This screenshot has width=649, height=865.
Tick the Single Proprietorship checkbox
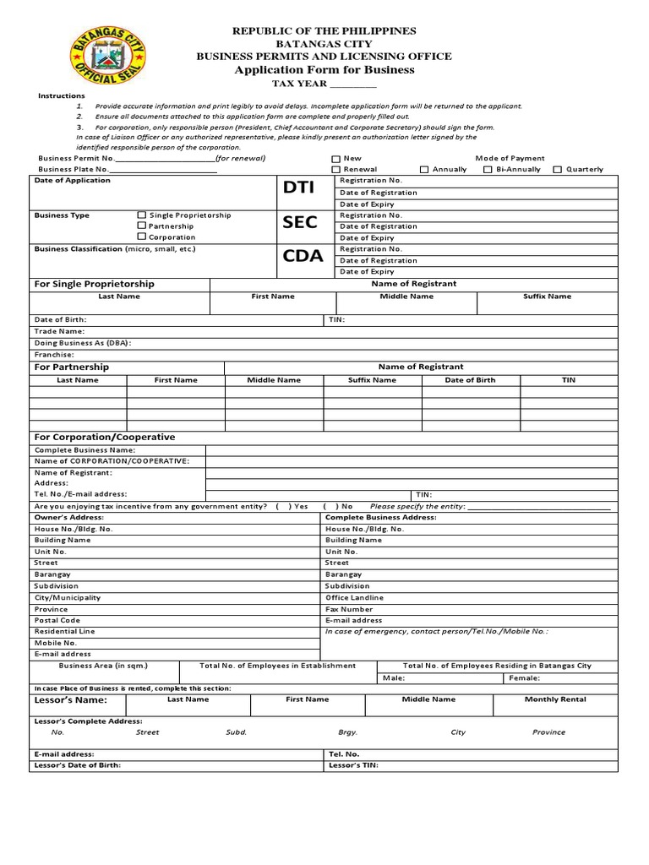[x=141, y=215]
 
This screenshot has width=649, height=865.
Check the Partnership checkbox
[x=141, y=226]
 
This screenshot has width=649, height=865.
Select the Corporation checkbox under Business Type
[x=141, y=237]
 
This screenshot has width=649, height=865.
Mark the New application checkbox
[x=335, y=159]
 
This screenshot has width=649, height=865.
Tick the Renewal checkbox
[x=335, y=170]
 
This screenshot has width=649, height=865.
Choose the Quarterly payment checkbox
[x=558, y=170]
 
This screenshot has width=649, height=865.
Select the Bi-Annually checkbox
[x=488, y=170]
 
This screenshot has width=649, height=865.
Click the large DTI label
[x=300, y=188]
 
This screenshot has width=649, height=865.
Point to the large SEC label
[x=300, y=222]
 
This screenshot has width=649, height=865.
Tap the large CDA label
[x=303, y=256]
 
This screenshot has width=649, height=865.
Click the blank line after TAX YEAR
[x=352, y=84]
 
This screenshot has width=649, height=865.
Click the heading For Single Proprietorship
[x=94, y=285]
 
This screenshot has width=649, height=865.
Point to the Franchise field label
[x=54, y=356]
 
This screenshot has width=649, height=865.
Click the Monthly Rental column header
[x=555, y=699]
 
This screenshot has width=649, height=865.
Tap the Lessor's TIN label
[x=353, y=766]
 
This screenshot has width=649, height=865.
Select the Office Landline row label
[x=354, y=597]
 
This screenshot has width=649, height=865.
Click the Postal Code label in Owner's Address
[x=57, y=620]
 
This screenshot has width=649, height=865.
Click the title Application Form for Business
[x=324, y=70]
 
